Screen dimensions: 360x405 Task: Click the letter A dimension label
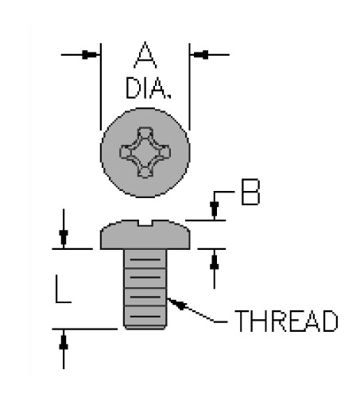coord(145,55)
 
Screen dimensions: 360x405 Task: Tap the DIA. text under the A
coord(149,88)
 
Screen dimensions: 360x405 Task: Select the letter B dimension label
coord(250,192)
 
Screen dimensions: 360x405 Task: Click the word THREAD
coord(286,321)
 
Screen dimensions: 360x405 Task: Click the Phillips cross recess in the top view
coord(145,153)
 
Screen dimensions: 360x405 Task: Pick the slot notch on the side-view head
coord(145,223)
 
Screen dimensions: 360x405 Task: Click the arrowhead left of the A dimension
coord(91,55)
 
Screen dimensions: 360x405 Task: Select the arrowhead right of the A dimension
coord(199,55)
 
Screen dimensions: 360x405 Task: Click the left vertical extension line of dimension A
coord(101,87)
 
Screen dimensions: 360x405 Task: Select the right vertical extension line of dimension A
coord(189,87)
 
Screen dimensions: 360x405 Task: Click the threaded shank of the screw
coord(145,289)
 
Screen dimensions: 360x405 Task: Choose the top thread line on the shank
coord(145,259)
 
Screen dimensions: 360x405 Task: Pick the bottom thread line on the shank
coord(145,317)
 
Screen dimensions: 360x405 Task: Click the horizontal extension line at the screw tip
coord(85,329)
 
